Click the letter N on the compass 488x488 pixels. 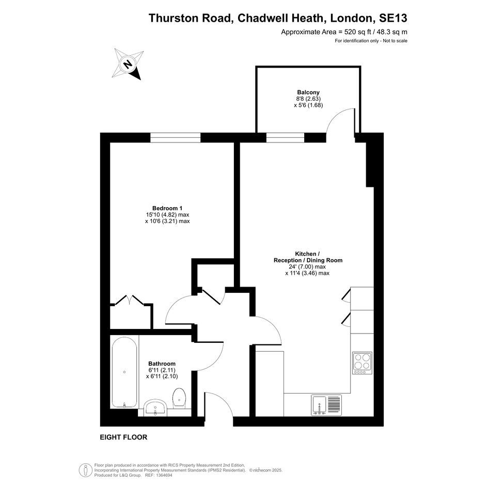coord(128,65)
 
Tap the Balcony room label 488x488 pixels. coord(308,92)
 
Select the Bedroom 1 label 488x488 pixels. coord(167,208)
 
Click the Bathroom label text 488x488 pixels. coord(162,364)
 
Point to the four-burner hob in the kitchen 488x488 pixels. coord(363,363)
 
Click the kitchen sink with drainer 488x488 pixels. coord(326,405)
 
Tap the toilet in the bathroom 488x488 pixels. coord(179,398)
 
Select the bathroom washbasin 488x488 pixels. coord(155,408)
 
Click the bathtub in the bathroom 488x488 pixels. coord(124,372)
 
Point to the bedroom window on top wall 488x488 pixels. coord(176,137)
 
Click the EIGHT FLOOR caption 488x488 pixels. coord(123,437)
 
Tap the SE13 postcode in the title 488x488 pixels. coord(393,18)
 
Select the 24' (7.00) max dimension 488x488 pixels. coord(307,266)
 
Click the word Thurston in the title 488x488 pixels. coord(174,18)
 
